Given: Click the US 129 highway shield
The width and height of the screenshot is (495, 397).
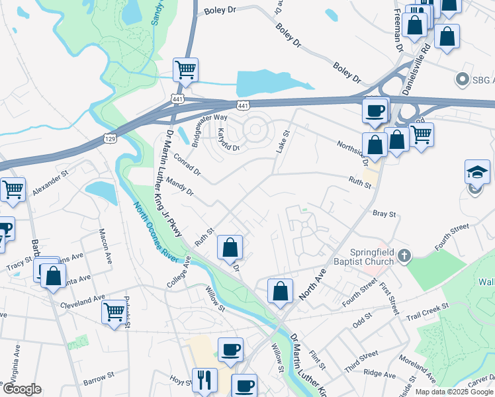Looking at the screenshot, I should coord(110,138).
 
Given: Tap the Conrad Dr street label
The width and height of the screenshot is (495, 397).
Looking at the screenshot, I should coord(187,165).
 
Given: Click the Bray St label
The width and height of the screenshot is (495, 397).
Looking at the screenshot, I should coord(384,214).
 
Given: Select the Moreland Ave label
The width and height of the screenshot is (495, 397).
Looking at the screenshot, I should coord(416,369).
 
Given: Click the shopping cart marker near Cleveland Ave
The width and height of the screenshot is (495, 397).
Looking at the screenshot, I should coord(114,310).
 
